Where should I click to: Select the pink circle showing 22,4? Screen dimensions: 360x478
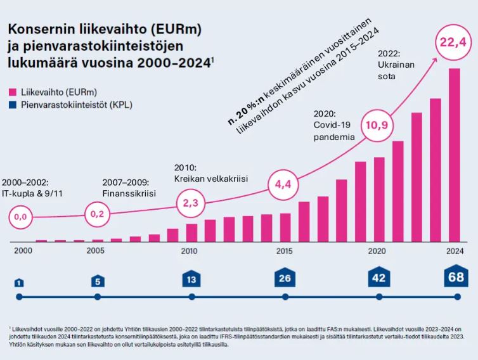(x=453, y=43)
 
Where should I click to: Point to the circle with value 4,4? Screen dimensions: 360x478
(x=282, y=185)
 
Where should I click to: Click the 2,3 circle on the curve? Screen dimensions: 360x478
(x=190, y=203)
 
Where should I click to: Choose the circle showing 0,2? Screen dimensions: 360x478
(x=96, y=214)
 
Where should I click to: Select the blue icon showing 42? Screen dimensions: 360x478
(x=378, y=278)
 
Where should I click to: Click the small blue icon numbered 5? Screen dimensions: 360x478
(x=97, y=281)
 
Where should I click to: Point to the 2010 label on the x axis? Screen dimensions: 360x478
(x=189, y=251)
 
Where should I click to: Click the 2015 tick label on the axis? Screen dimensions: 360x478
(x=283, y=251)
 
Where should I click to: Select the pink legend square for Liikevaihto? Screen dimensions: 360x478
(x=11, y=91)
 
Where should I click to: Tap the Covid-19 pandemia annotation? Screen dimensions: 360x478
(x=333, y=130)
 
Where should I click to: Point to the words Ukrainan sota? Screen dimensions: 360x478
(x=396, y=70)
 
